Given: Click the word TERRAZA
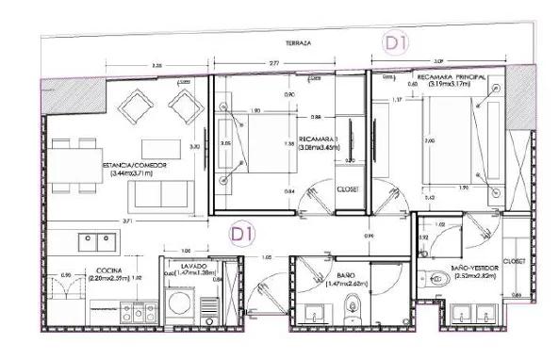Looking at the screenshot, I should click(x=302, y=43).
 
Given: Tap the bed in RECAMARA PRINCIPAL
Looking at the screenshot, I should click(x=453, y=143).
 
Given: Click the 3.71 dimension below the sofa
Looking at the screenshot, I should click(x=127, y=218).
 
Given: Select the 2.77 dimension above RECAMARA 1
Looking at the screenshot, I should click(x=272, y=62).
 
